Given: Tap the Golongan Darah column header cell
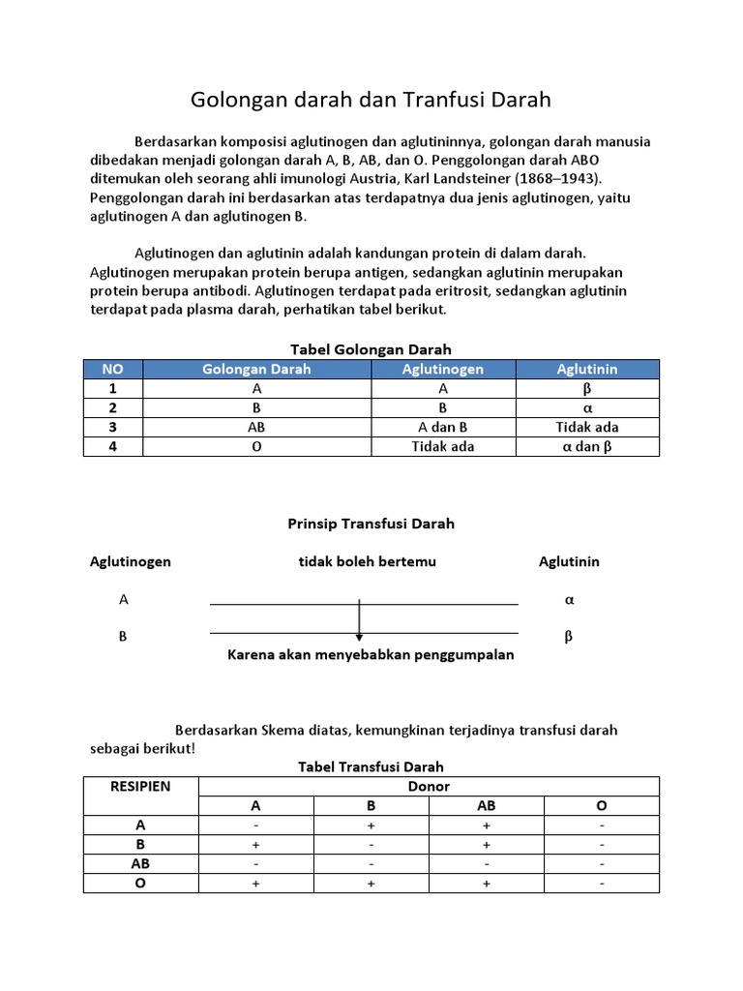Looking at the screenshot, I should coord(256,369).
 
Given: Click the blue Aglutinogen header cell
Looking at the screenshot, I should coord(443,369).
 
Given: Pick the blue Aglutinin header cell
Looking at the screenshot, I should coord(587,369).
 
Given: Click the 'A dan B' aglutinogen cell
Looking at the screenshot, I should coord(443,427).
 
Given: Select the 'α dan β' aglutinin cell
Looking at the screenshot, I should coord(587,447).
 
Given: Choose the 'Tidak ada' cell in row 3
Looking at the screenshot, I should coord(587,427).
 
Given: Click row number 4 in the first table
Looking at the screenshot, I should coord(113,447).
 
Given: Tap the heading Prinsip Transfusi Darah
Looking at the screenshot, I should coord(371,524).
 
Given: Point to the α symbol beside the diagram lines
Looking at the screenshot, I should coord(569,600).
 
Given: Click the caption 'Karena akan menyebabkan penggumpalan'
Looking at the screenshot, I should coord(371,655).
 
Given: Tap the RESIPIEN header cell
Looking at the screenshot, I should coord(141,786).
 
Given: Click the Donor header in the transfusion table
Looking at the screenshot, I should coord(430,786).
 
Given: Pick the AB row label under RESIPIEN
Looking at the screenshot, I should coord(141,863).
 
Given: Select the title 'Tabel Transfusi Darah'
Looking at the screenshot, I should coord(371,766).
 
